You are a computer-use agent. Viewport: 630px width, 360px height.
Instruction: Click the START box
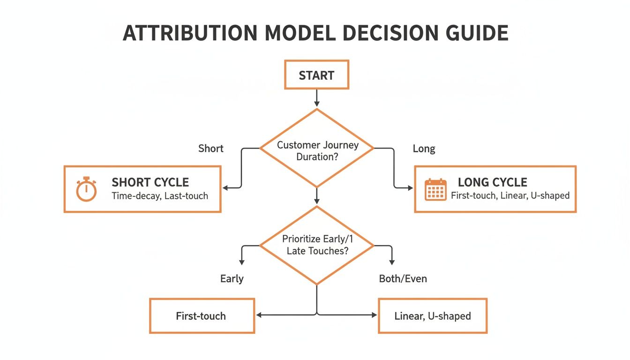coord(316,75)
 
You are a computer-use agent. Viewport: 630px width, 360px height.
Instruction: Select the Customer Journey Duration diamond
coord(317,150)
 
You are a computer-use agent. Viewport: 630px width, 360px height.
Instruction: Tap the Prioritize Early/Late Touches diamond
coord(317,245)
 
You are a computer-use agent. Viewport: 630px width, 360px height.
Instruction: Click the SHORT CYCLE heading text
coord(150,182)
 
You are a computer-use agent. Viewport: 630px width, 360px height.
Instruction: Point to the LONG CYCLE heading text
coord(492,182)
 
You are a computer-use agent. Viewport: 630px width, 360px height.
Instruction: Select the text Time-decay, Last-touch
coord(159,196)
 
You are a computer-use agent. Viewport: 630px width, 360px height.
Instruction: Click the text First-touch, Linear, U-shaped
coord(510,195)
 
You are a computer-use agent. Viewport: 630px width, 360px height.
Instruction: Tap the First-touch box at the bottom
coord(202,316)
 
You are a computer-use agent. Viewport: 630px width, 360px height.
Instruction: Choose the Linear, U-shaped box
coord(432,316)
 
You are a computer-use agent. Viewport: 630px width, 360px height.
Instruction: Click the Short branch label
coord(211,149)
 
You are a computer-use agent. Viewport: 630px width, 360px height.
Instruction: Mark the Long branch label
coord(424,149)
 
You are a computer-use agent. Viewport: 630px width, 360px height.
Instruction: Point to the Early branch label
coord(232,279)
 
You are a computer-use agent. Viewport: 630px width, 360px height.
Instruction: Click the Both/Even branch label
coord(403,279)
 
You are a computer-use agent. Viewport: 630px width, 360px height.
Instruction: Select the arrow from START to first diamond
coord(317,98)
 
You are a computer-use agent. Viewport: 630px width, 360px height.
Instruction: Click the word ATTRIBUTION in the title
coord(189,33)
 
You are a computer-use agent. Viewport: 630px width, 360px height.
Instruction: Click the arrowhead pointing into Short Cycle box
coord(225,188)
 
